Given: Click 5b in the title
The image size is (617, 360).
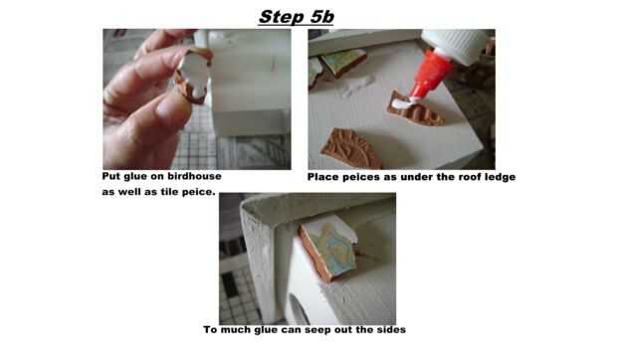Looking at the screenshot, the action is [321, 17].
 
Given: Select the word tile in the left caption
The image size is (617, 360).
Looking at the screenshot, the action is [171, 192].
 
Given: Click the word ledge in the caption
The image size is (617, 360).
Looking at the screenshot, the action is [499, 177].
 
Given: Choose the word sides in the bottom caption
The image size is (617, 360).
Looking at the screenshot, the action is [391, 329].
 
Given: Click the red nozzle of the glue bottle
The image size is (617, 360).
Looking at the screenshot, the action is [429, 76].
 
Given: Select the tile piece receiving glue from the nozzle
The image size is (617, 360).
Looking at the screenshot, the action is [415, 110].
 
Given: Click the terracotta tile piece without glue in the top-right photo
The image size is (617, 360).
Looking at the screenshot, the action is [351, 147].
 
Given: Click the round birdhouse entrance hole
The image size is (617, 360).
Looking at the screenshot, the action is [299, 308].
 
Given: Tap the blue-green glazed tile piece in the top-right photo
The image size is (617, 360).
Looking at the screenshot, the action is [343, 62].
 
